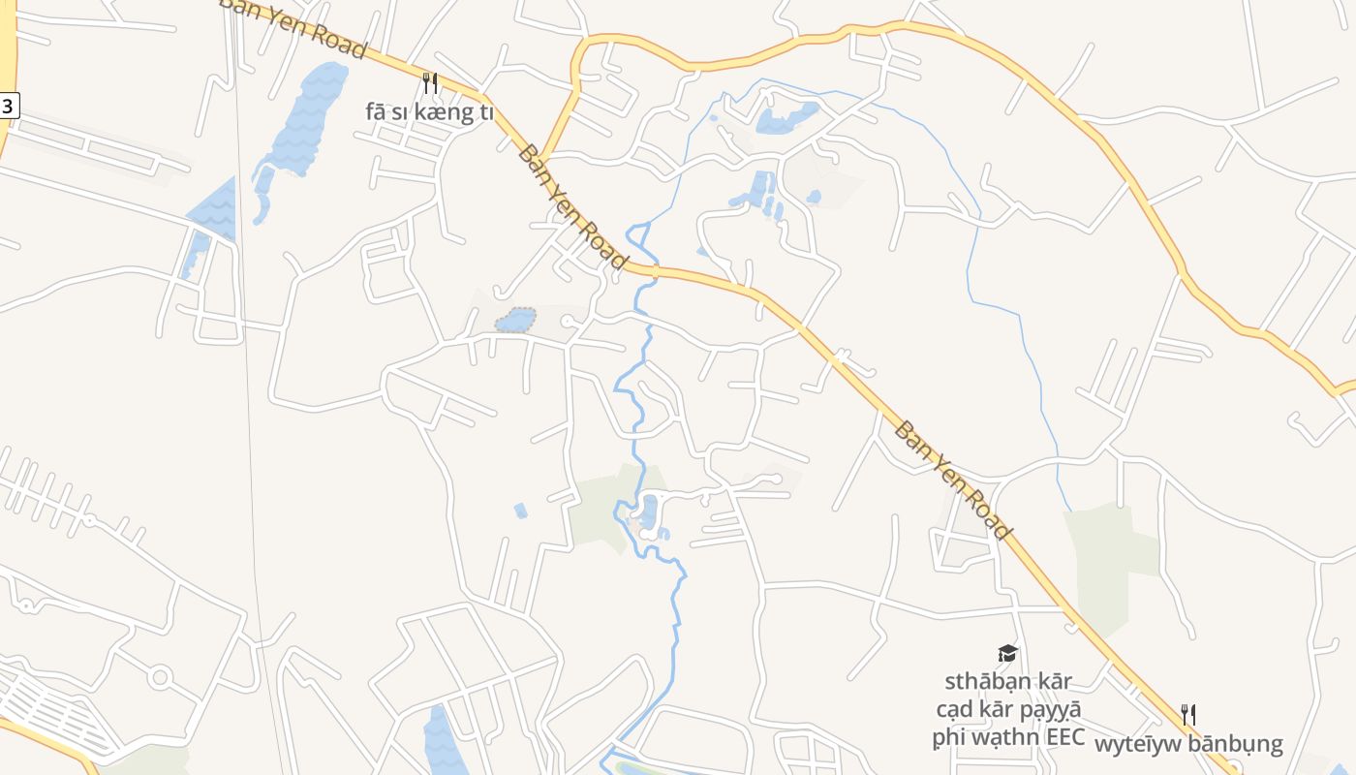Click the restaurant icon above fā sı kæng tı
coord(431,83)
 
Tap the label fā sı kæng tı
coord(429,112)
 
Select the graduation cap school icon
coord(1007,654)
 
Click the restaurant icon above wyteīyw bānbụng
coord(1188,715)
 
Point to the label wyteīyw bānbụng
coord(1188,744)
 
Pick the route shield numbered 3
coord(8,106)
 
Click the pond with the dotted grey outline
coord(515,320)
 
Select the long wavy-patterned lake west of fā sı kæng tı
coord(305,121)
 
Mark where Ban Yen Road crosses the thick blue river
coord(654,272)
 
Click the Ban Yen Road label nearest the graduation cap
coord(952,480)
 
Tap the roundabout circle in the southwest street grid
coord(160,676)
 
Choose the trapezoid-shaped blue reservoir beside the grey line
coord(213,208)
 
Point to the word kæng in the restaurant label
coord(452,112)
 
